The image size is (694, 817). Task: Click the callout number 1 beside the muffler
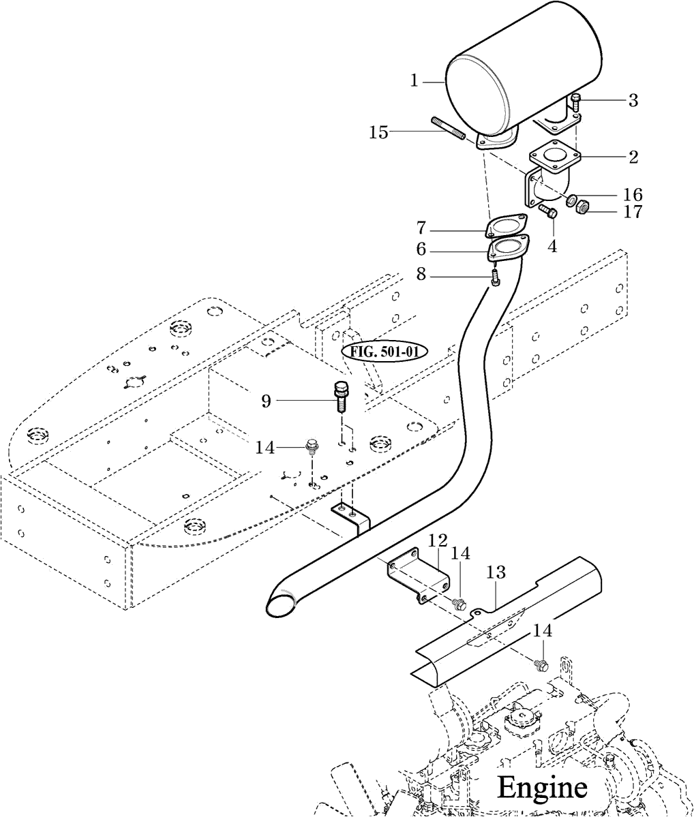pos(414,81)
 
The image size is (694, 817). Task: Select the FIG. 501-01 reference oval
pos(384,351)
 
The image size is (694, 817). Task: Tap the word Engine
pos(542,787)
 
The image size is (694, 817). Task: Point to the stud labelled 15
pos(448,128)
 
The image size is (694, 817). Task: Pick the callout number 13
pos(497,572)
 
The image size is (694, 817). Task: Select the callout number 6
pos(421,249)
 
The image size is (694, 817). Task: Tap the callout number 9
pos(267,401)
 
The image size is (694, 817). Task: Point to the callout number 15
pos(379,133)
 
